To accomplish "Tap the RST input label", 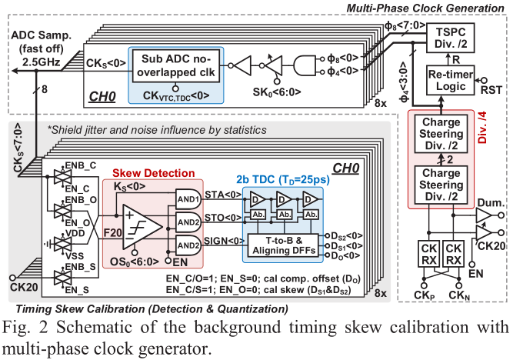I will [x=491, y=92].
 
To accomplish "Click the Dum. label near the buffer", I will [x=489, y=202].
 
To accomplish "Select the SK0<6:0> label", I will [x=273, y=95].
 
